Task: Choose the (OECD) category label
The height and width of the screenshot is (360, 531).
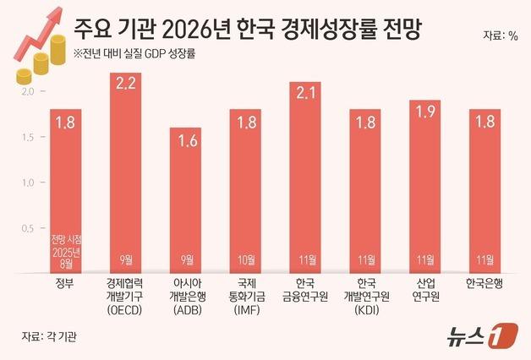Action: (x=126, y=310)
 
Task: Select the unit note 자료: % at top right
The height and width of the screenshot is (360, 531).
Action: (x=500, y=35)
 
